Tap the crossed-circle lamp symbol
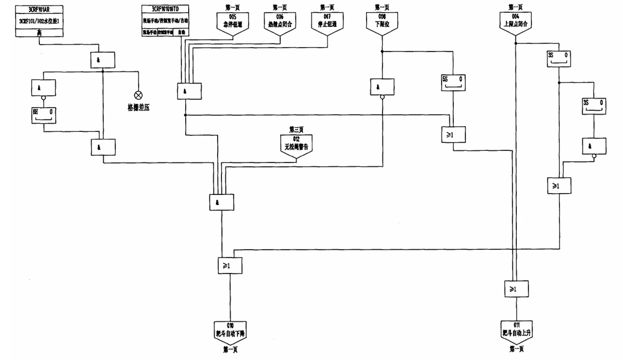[138, 95]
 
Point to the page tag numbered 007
[327, 21]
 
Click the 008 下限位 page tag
[382, 21]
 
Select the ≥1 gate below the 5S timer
[451, 135]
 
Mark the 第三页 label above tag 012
[296, 130]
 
